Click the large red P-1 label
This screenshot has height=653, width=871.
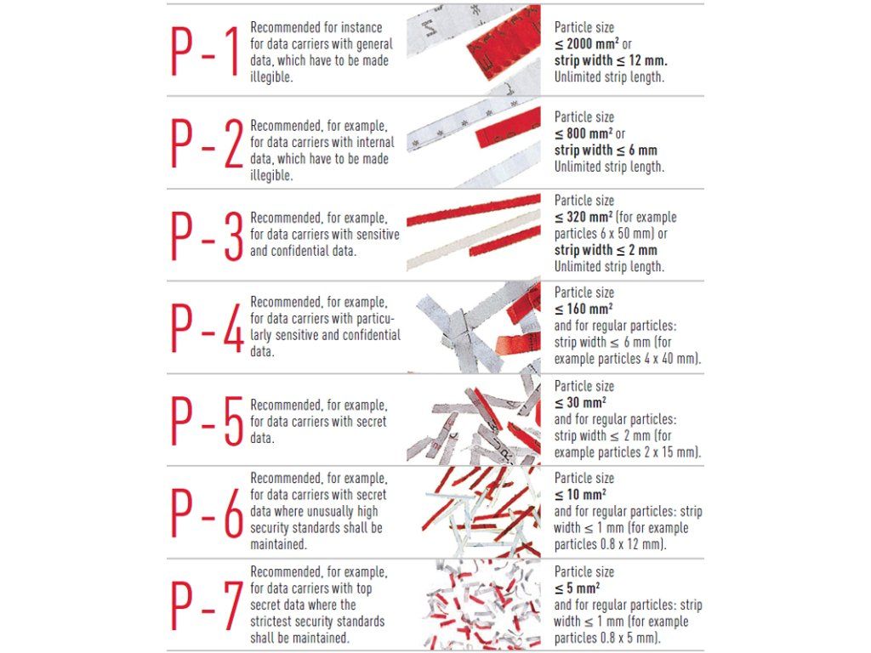pos(206,51)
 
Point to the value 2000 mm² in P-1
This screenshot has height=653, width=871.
pos(593,43)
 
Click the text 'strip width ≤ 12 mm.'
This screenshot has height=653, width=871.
pos(611,60)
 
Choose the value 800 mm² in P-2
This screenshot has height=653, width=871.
pos(589,133)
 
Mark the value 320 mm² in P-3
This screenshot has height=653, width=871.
pos(589,217)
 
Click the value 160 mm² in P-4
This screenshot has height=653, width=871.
pos(589,309)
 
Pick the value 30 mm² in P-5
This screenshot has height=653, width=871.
pos(586,402)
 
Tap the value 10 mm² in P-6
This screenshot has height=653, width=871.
pos(586,494)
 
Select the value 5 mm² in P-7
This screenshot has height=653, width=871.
pos(583,588)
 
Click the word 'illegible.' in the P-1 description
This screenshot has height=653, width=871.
pos(271,77)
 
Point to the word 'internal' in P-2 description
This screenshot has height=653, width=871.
pos(375,142)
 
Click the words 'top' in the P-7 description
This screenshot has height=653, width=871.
pos(363,588)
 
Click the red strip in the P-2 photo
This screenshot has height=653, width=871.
pos(507,128)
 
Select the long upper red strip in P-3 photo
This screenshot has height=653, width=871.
pos(473,209)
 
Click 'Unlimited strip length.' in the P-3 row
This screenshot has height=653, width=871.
pos(609,266)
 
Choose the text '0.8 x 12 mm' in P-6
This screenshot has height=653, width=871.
pos(631,544)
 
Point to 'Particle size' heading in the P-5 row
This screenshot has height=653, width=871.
pos(584,386)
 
